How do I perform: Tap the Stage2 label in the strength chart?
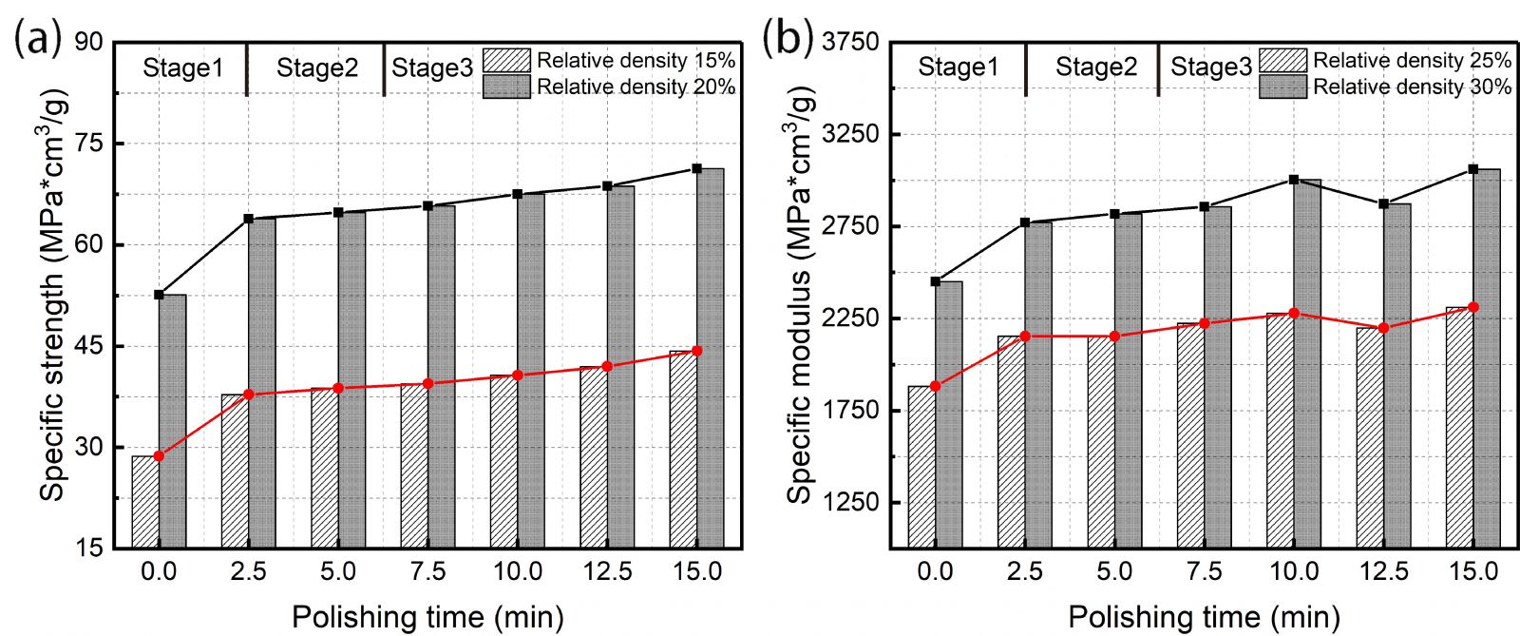point(317,68)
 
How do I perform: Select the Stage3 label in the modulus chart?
point(1210,67)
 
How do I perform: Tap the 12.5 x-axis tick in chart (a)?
point(607,572)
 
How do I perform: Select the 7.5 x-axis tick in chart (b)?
point(1205,572)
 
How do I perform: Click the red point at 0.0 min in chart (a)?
point(159,456)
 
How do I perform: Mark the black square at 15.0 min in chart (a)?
point(696,169)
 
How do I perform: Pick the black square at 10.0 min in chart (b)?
point(1294,180)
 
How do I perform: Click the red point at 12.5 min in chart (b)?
point(1383,328)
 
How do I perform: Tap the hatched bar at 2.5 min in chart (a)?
point(235,471)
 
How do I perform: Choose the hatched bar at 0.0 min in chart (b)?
point(921,467)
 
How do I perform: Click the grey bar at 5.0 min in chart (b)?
point(1128,380)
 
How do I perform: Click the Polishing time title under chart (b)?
point(1204,617)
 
